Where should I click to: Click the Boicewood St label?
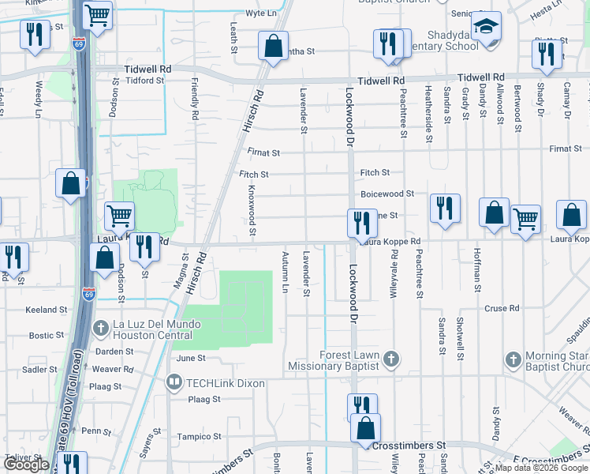387,194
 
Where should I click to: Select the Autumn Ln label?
285,271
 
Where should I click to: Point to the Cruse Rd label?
502,308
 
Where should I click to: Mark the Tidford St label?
121,80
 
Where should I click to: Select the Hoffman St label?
477,269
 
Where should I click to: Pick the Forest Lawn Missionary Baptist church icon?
390,361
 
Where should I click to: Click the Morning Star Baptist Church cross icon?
512,361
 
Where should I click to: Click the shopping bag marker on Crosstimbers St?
365,429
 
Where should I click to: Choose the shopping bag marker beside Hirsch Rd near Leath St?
272,47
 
